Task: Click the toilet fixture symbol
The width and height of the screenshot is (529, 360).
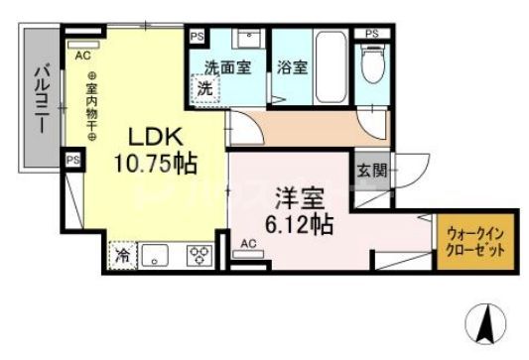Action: [374, 65]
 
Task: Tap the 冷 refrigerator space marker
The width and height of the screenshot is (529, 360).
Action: [121, 254]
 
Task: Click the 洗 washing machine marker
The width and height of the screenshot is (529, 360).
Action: [204, 87]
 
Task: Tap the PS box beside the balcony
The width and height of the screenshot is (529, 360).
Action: [71, 160]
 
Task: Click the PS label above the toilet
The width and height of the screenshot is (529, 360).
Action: [371, 34]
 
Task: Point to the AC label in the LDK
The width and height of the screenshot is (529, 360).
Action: [83, 57]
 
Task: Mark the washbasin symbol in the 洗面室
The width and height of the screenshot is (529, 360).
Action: [246, 40]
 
